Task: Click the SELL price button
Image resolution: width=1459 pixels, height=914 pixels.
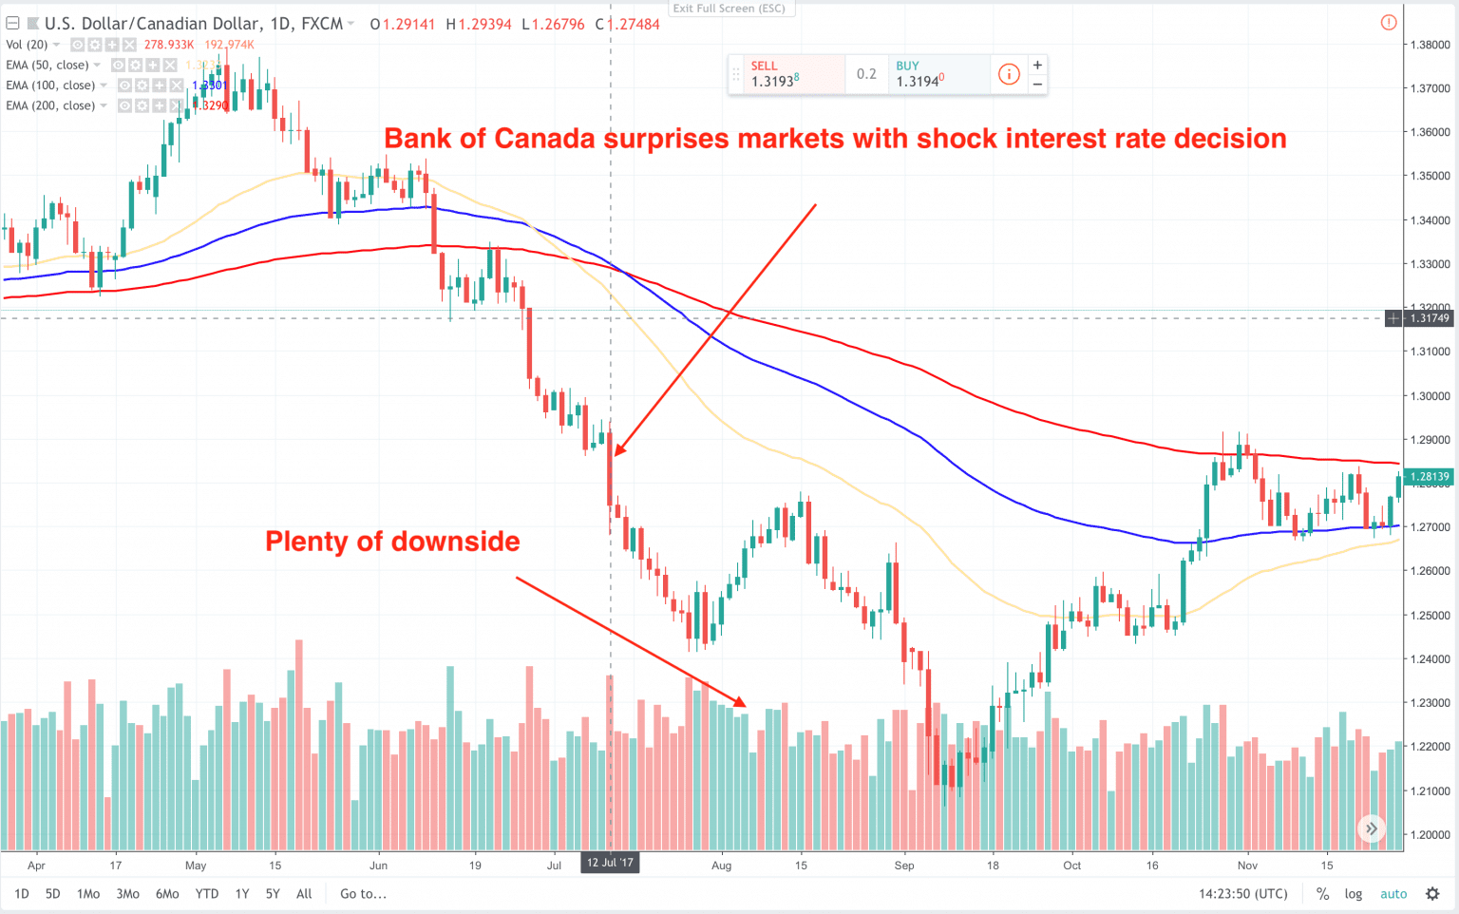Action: pos(786,74)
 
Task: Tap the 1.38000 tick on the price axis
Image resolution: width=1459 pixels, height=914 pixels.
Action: pos(1430,45)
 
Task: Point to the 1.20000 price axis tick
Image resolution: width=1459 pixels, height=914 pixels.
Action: pos(1430,835)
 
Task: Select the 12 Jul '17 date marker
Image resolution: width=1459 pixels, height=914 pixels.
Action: pos(610,863)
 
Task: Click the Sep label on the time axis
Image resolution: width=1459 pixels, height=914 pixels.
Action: pos(904,866)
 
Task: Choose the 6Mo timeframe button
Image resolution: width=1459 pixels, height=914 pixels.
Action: pos(167,894)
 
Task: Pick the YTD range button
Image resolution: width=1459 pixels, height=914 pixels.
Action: pos(206,894)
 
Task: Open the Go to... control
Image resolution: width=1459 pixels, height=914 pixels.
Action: pos(363,894)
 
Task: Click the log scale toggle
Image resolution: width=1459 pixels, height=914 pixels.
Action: pos(1353,894)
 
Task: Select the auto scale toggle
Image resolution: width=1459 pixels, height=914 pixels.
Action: pos(1393,894)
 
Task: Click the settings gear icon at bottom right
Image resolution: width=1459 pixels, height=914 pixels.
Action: pos(1432,894)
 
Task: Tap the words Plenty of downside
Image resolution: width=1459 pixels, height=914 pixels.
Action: pos(392,542)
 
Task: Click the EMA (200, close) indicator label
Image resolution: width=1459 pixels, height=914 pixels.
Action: pos(49,105)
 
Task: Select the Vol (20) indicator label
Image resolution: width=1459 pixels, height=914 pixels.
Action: pos(27,45)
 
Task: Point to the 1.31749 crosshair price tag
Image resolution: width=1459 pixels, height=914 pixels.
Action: pos(1429,318)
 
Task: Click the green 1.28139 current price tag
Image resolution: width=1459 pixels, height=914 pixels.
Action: pos(1429,477)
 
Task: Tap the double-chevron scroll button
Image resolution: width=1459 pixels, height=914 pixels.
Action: pos(1371,828)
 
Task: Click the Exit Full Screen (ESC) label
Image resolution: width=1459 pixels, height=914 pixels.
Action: pos(729,9)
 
